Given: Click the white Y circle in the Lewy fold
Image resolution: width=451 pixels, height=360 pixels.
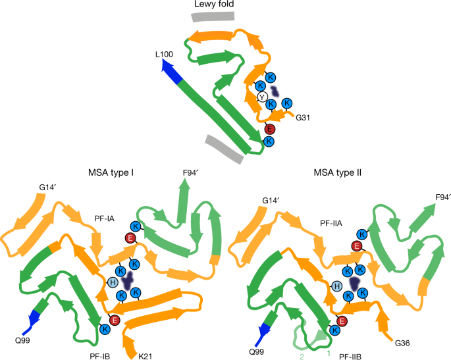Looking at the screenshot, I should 262,97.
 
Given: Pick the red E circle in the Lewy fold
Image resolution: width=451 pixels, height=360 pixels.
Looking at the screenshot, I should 270,128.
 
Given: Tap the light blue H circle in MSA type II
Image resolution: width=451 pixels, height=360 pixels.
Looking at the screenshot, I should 336,286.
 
